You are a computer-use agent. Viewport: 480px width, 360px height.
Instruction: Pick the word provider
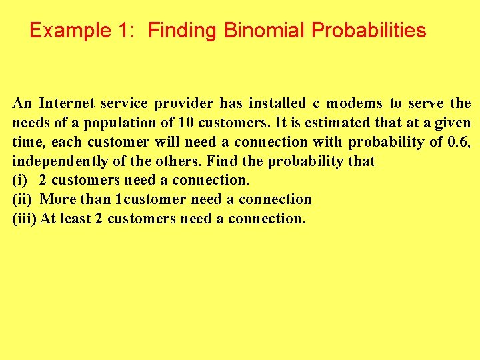click(x=185, y=103)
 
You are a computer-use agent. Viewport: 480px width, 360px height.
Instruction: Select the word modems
click(x=355, y=103)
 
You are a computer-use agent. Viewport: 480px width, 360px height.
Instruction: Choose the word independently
click(x=55, y=161)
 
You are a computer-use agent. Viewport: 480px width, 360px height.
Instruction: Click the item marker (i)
click(x=20, y=180)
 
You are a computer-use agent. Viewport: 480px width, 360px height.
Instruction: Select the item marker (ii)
click(x=23, y=199)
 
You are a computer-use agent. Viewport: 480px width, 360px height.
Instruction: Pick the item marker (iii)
click(x=25, y=219)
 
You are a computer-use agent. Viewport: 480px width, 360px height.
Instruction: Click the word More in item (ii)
click(x=59, y=199)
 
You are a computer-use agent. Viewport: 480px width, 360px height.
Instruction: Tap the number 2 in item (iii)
click(x=99, y=219)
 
